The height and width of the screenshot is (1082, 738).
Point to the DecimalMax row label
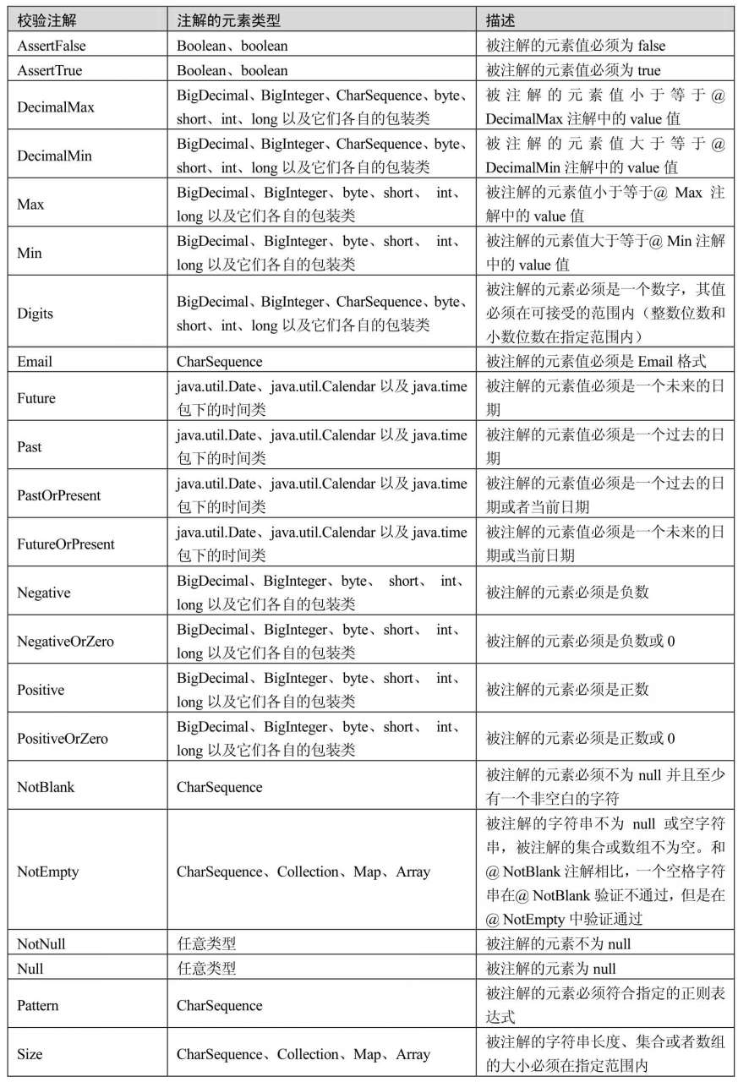[x=56, y=107]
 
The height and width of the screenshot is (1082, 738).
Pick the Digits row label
[x=36, y=314]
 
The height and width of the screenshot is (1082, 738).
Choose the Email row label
[x=35, y=362]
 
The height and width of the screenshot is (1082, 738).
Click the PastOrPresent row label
[x=59, y=495]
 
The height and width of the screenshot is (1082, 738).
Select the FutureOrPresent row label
[x=66, y=544]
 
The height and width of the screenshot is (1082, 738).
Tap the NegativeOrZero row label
[x=65, y=642]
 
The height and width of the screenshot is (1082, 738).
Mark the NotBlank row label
[x=46, y=787]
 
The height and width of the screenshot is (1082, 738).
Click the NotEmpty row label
[x=48, y=872]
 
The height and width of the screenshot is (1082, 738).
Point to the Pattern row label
[x=39, y=1005]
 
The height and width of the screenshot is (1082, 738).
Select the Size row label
[x=30, y=1054]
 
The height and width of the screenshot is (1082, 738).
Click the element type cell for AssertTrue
[x=232, y=70]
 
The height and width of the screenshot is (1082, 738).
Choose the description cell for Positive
[x=567, y=690]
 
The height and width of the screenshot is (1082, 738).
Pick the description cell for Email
[x=596, y=362]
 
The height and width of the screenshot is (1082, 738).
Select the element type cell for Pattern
[x=220, y=1005]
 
